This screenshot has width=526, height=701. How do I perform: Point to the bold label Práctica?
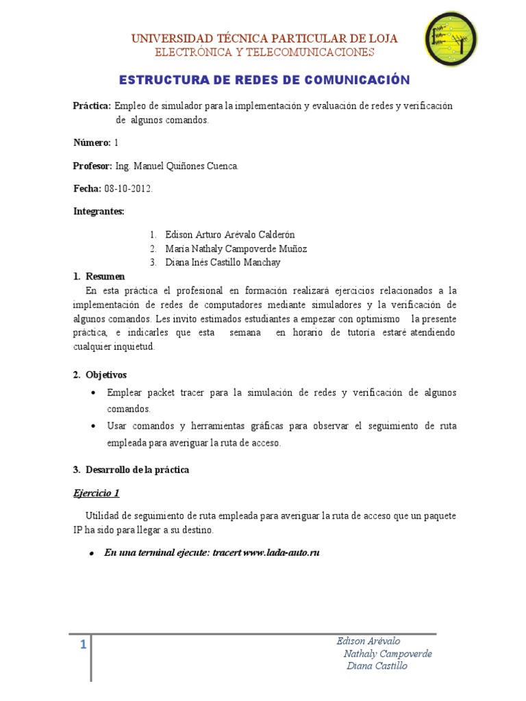(x=92, y=106)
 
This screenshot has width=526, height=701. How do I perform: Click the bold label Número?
(x=92, y=143)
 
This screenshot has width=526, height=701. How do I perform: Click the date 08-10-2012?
(x=128, y=188)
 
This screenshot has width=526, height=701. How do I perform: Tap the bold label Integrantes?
(x=99, y=212)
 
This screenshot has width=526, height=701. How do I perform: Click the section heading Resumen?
(x=105, y=277)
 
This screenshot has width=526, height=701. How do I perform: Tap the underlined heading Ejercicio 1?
(x=97, y=493)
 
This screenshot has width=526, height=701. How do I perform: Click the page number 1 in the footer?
(x=83, y=644)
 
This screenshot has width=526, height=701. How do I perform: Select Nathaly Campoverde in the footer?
(x=388, y=654)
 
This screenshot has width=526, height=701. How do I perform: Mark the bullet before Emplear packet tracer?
(x=93, y=393)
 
